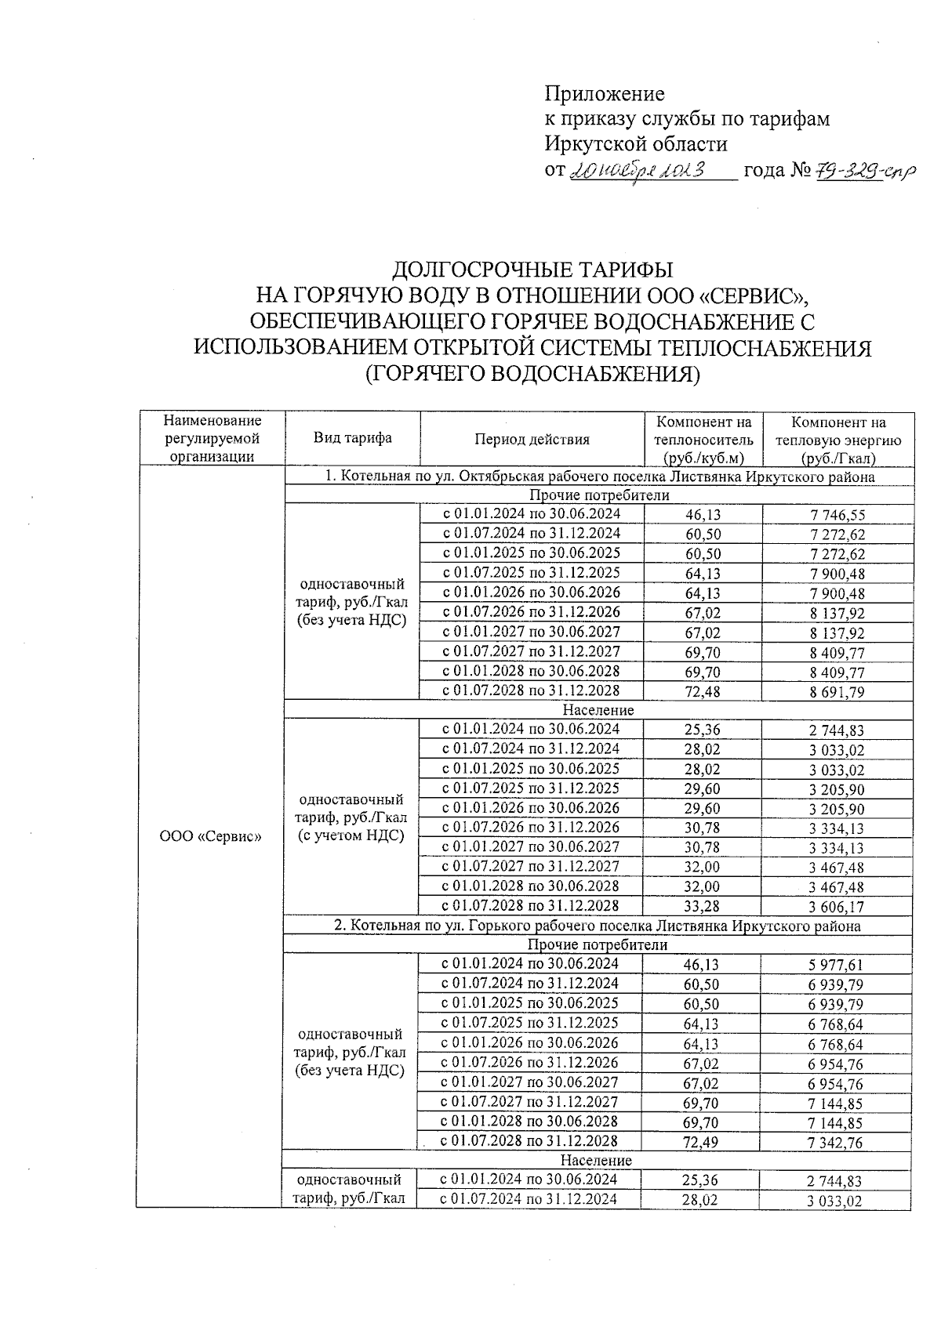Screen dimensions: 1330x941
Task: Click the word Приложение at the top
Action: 605,94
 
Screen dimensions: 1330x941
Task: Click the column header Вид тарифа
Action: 353,438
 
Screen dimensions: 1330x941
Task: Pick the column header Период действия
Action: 532,439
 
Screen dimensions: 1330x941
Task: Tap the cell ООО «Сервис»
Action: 210,836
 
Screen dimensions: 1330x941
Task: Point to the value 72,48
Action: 702,692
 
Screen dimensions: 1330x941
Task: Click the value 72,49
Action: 701,1143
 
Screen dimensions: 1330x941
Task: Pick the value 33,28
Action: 702,907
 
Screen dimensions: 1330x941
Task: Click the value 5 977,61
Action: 836,966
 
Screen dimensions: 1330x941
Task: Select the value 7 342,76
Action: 836,1143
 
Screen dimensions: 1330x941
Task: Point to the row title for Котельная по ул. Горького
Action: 598,926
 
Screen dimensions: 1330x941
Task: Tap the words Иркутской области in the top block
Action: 636,144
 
